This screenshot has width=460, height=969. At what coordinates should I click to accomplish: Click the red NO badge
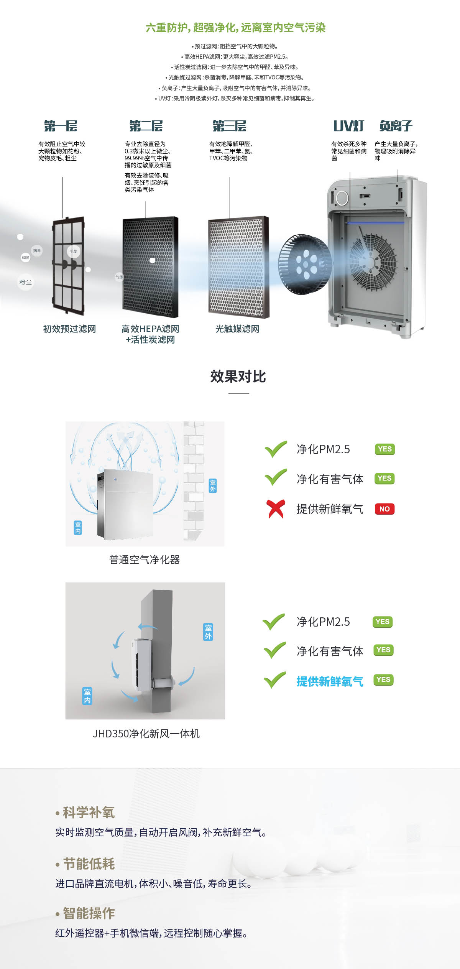[x=384, y=509]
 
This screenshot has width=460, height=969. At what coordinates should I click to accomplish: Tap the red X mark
[x=276, y=509]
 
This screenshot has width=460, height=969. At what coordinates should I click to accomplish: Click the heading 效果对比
[x=238, y=377]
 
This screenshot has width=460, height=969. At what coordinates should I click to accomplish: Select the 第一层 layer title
[x=61, y=126]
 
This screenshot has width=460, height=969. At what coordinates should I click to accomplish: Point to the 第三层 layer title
[x=230, y=126]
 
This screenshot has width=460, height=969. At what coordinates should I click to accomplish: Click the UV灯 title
[x=348, y=126]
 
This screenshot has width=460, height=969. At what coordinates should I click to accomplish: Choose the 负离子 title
[x=396, y=126]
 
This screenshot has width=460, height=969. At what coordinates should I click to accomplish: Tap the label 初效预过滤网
[x=69, y=329]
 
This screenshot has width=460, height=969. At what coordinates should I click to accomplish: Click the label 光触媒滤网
[x=237, y=329]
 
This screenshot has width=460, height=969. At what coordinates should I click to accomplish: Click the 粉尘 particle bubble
[x=25, y=282]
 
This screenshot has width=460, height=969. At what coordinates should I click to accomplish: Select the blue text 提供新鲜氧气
[x=330, y=681]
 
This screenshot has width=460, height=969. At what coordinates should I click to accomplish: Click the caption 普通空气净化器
[x=145, y=560]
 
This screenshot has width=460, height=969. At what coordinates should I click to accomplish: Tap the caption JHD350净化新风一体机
[x=146, y=734]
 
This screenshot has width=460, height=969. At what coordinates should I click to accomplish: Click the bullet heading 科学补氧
[x=89, y=812]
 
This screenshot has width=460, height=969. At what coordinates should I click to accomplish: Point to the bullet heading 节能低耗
[x=89, y=864]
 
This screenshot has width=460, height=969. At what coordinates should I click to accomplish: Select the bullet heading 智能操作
[x=89, y=913]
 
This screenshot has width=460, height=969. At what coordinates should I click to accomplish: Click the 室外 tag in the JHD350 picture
[x=208, y=632]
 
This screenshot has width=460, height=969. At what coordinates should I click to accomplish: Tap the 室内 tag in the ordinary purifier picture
[x=78, y=528]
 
